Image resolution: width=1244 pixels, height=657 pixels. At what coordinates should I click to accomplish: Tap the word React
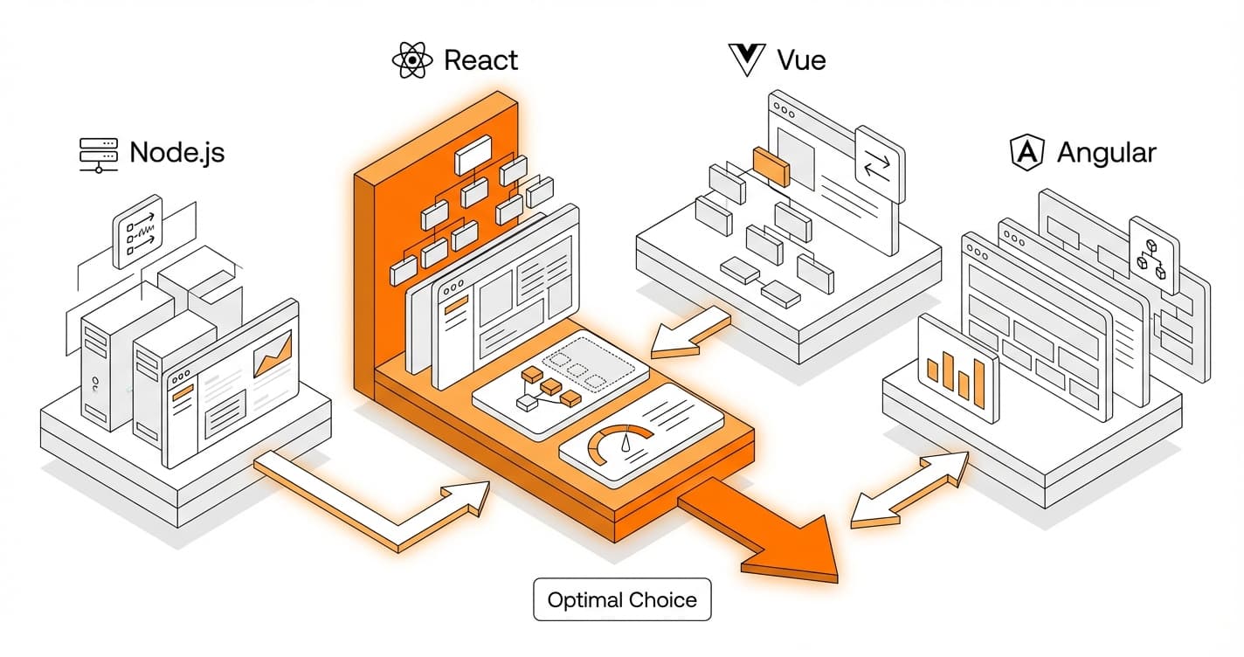tap(480, 60)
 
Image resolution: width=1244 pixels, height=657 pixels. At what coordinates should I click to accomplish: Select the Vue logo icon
tap(746, 60)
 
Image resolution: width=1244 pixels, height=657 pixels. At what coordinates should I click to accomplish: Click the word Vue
tap(801, 60)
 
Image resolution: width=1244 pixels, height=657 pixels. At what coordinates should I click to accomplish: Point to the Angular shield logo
tap(1027, 153)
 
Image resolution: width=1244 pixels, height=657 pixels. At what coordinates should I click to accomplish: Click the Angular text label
tap(1106, 153)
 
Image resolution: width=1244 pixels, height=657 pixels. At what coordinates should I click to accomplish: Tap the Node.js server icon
tap(98, 154)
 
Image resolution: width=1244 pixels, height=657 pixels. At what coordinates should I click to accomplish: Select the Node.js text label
tap(176, 153)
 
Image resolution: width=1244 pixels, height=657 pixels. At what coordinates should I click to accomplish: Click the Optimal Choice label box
tap(622, 600)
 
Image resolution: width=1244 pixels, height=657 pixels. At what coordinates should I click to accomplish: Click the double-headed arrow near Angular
tap(910, 491)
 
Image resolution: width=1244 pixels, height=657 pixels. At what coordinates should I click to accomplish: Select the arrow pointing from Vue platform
tap(690, 334)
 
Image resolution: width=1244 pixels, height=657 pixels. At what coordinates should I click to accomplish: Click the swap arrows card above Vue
tap(880, 164)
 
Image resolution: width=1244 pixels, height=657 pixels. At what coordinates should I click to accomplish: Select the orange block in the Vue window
tap(771, 166)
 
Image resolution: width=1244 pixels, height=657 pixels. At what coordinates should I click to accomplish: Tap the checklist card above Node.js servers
tap(138, 232)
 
